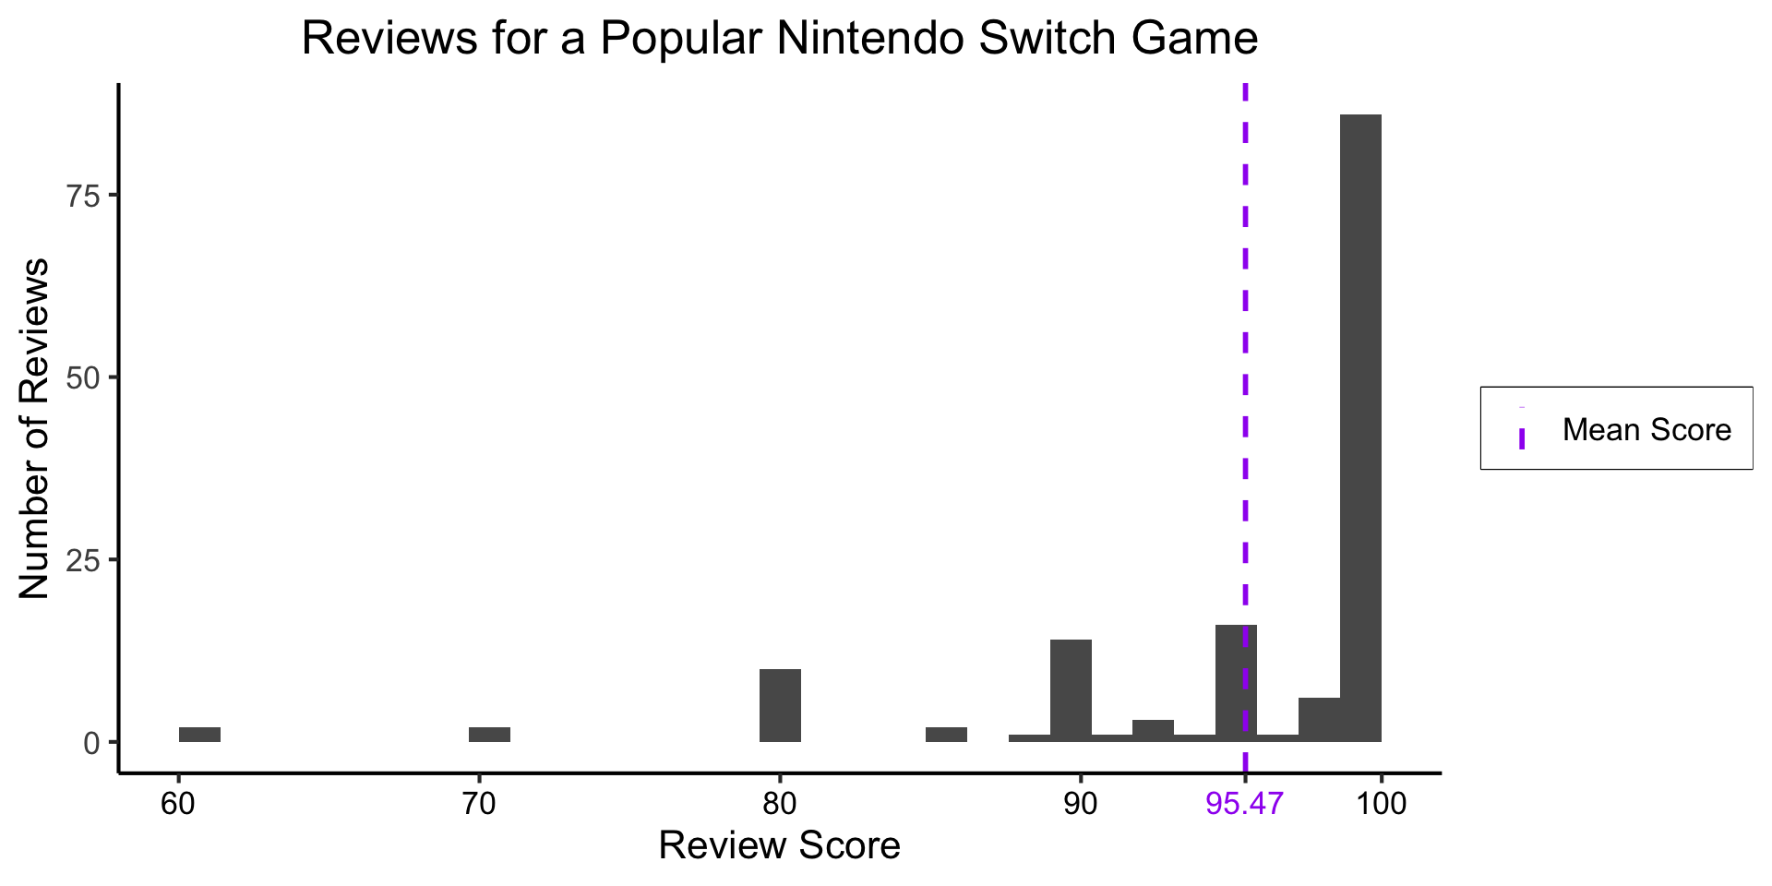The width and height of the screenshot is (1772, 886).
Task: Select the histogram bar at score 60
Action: pos(199,735)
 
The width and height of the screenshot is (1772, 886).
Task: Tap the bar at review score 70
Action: pos(489,735)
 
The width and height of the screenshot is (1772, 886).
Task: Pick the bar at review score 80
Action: pos(780,705)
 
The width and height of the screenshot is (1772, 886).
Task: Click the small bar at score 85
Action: pos(946,735)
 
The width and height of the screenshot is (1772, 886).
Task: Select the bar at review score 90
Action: pos(1071,690)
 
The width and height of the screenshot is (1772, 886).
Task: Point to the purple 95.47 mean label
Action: pos(1244,804)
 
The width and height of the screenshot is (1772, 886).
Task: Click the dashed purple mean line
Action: pos(1245,369)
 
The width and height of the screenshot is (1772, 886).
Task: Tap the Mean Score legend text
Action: pos(1646,430)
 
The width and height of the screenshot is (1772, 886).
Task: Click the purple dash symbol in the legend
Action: pos(1521,437)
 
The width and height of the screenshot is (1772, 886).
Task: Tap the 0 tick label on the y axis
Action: pos(91,743)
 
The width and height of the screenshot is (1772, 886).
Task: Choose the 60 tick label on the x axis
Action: pos(178,804)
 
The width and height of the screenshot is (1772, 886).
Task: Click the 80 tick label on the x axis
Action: pos(780,804)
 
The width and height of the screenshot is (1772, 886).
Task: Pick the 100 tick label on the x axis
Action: pos(1381,804)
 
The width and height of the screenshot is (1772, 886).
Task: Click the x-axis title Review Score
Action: pos(779,845)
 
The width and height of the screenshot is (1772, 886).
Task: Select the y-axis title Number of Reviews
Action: pos(35,428)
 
